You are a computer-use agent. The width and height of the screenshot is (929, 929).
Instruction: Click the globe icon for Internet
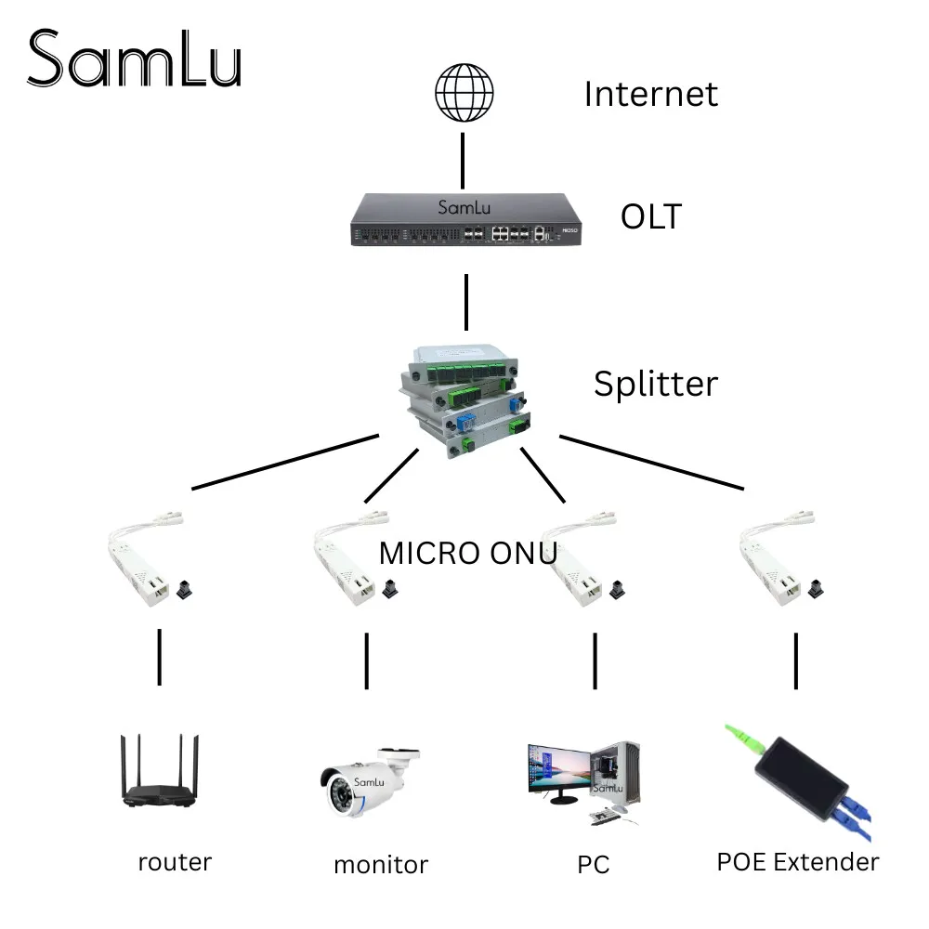(464, 93)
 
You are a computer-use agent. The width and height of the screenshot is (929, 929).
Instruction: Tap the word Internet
(650, 94)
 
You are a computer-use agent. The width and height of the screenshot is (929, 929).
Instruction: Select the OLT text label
(650, 216)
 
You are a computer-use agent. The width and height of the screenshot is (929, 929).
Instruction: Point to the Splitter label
(656, 384)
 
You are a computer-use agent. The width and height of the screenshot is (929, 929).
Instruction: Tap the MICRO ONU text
(467, 553)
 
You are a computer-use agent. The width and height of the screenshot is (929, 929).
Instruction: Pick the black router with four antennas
(159, 776)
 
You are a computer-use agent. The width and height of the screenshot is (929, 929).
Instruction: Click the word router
(175, 861)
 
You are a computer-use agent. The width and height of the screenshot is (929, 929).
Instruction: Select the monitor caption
(381, 864)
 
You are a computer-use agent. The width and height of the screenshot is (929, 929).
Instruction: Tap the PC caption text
(593, 864)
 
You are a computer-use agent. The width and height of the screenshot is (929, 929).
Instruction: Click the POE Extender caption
(797, 861)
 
